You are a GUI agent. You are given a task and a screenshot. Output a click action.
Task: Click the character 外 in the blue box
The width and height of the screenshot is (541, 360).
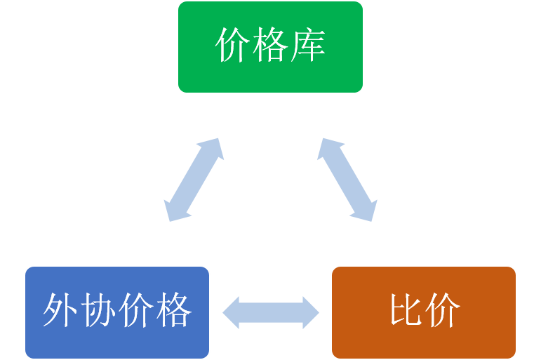tap(61, 310)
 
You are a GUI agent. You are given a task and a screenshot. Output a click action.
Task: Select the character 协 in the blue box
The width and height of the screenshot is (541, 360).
tap(98, 310)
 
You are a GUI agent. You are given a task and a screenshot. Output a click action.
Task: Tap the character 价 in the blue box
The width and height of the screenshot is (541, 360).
tap(136, 310)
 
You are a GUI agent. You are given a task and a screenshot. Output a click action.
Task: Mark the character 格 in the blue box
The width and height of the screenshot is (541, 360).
tap(173, 310)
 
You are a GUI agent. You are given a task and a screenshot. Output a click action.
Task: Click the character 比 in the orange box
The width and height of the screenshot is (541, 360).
tap(406, 310)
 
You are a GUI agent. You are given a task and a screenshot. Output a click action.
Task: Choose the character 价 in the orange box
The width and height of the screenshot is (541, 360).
tap(443, 310)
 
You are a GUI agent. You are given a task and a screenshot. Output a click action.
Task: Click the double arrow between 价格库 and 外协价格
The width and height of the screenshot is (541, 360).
tap(194, 180)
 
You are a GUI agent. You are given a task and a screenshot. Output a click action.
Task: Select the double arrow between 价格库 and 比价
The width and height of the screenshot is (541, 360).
tap(347, 180)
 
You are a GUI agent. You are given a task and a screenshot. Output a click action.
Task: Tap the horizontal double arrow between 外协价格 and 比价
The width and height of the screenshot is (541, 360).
tap(271, 312)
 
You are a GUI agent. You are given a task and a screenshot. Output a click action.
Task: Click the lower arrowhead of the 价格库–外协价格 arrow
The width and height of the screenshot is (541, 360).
tap(173, 211)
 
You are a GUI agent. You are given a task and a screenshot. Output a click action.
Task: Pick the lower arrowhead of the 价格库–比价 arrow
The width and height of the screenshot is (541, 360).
tap(367, 211)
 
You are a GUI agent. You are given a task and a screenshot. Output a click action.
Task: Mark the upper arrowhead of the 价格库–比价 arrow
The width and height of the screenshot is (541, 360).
tap(326, 147)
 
